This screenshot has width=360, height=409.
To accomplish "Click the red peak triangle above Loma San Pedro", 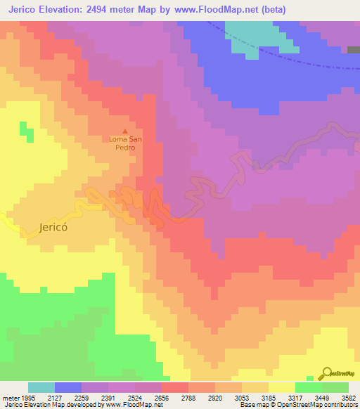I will pyautogui.click(x=126, y=131).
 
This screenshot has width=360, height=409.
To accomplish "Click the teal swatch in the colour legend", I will pyautogui.click(x=41, y=387).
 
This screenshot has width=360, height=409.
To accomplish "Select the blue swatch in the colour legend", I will pyautogui.click(x=68, y=387).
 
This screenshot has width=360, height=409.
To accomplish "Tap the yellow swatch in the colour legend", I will pyautogui.click(x=281, y=387).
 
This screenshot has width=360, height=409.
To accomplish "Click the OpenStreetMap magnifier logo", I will pyautogui.click(x=326, y=373).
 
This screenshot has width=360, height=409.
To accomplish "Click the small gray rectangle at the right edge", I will pyautogui.click(x=353, y=49).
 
